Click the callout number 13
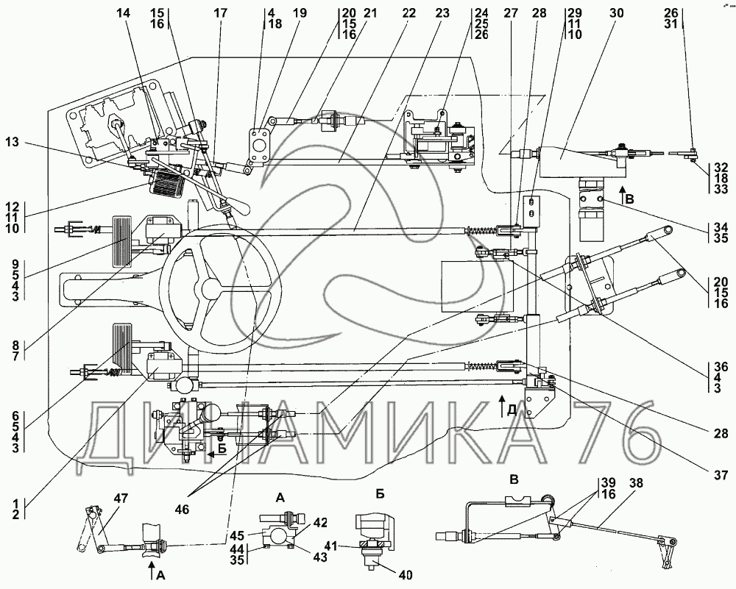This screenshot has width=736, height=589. (13, 141)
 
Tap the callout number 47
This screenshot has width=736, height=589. (121, 499)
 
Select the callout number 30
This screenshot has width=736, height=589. (617, 13)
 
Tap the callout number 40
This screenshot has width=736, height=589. (405, 574)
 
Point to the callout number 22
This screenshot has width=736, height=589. (408, 13)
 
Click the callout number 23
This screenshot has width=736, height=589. (442, 13)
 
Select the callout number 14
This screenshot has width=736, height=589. (123, 13)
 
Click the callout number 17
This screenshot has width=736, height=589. (220, 13)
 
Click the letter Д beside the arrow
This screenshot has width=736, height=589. (512, 411)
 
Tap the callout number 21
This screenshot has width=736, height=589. (369, 13)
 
